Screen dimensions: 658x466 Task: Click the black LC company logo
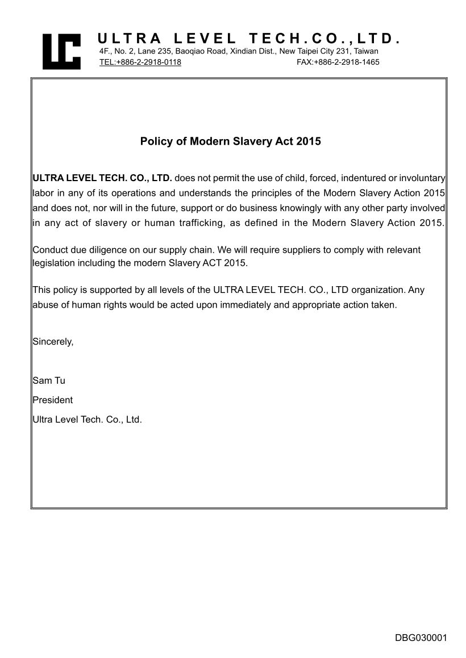pos(61,51)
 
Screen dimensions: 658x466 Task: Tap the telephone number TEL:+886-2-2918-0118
pos(140,62)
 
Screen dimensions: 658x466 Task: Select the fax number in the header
pos(338,62)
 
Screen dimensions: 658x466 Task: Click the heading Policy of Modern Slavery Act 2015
pos(231,141)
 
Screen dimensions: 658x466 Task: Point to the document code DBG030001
pos(421,638)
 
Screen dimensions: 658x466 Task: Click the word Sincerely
pos(53,342)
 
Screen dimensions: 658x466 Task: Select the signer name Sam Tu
pos(49,380)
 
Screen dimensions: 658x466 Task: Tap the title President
pos(53,400)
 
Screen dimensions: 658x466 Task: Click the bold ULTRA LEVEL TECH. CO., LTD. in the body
pos(102,178)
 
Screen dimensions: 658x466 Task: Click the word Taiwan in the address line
pos(366,51)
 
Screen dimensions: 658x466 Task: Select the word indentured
pos(363,178)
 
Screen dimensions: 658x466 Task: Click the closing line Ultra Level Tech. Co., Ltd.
pos(87,420)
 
